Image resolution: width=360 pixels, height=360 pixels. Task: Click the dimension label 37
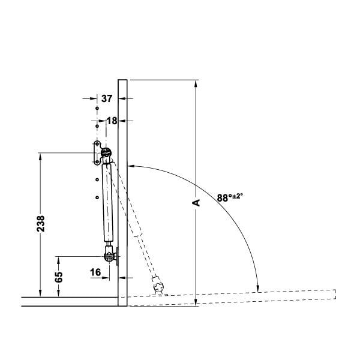click(107, 98)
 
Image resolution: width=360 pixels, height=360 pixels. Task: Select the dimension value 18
click(112, 121)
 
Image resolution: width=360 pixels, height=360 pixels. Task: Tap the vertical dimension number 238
click(41, 223)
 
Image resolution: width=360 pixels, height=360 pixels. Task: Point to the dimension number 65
click(59, 277)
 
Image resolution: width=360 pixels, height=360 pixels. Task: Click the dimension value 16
click(95, 272)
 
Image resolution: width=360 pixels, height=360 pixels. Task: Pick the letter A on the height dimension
click(196, 203)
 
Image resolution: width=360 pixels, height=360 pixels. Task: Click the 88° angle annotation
click(230, 197)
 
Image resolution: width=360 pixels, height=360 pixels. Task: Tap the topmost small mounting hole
click(97, 108)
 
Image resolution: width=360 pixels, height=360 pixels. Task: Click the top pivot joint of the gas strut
click(106, 152)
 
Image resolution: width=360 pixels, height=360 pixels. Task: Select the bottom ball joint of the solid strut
click(110, 256)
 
